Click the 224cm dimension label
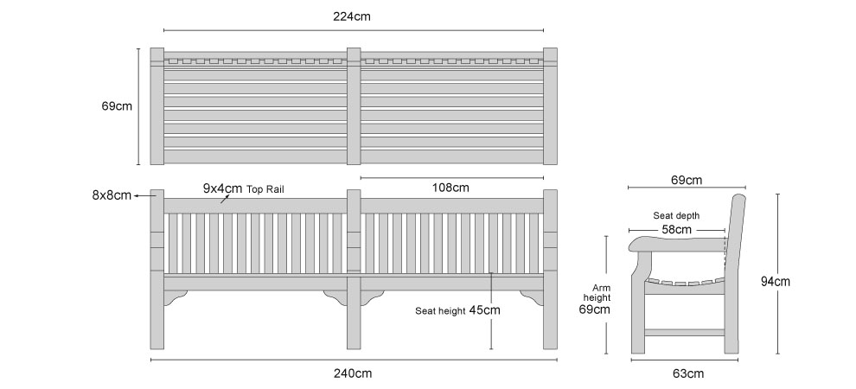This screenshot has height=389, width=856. [352, 16]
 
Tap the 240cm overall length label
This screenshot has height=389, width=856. [353, 373]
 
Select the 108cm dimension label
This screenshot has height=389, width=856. [450, 188]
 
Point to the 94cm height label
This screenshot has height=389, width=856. [776, 282]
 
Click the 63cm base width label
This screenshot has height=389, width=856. [688, 373]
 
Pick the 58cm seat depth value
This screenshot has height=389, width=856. [676, 230]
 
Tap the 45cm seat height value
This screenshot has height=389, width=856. [484, 310]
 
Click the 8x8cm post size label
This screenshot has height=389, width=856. [112, 195]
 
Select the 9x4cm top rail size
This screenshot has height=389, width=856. [222, 188]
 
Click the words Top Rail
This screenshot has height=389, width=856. [265, 190]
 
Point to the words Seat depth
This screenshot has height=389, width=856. [676, 216]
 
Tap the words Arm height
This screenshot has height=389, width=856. [597, 293]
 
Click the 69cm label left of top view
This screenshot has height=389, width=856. [117, 106]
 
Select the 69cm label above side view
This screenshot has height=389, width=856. [687, 180]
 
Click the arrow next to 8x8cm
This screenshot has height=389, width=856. [142, 195]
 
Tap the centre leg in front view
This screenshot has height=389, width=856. [354, 310]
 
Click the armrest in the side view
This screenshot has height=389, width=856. [677, 244]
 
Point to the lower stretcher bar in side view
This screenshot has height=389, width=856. [685, 332]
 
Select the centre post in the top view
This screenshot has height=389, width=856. [354, 105]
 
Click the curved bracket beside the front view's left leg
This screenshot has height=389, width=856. [176, 297]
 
